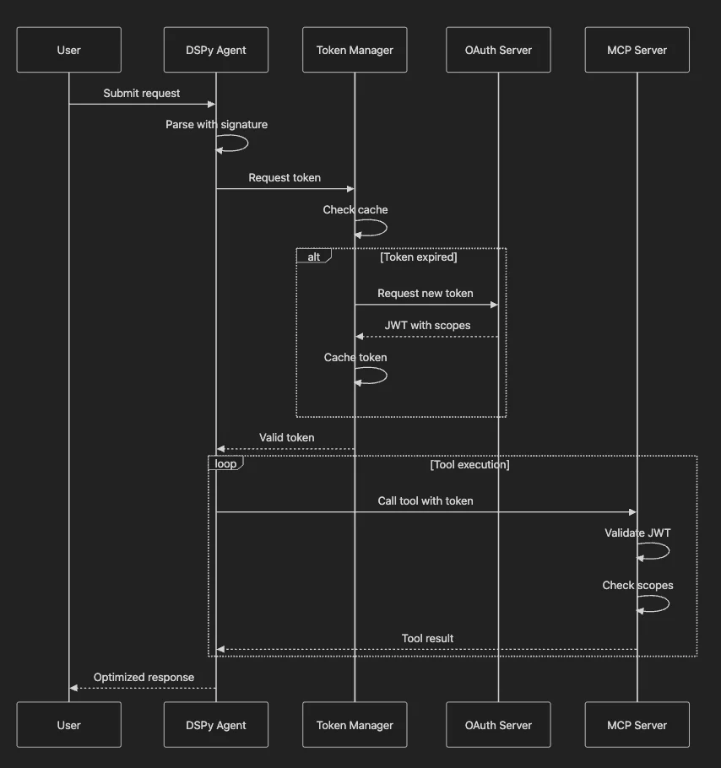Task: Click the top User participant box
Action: coord(68,50)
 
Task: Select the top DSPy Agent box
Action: coord(216,50)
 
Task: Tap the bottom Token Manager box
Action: coord(355,725)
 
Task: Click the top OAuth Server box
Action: coord(498,50)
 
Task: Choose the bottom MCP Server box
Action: coord(637,725)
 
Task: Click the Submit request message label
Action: coord(142,94)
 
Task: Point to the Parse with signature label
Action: coord(216,125)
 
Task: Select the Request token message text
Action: coord(285,178)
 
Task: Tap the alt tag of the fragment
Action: coord(313,256)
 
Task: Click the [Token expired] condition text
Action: coord(418,257)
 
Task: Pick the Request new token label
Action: coord(425,294)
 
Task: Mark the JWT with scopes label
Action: coord(427,325)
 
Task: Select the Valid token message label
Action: coord(286,438)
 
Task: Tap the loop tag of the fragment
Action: coord(225,463)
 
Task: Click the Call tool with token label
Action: coord(425,501)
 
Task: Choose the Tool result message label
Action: coord(427,639)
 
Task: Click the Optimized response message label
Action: coord(144,678)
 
